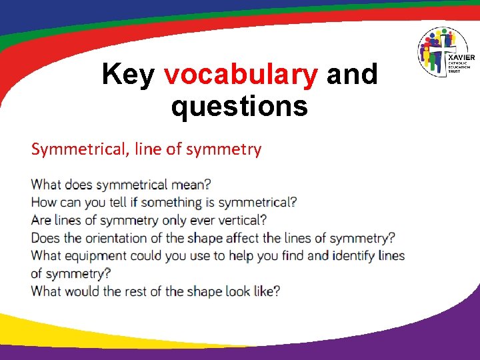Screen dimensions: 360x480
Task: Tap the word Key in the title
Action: pyautogui.click(x=129, y=75)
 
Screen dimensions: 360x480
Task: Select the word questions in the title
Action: pyautogui.click(x=239, y=106)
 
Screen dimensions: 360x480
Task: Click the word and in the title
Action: pyautogui.click(x=351, y=75)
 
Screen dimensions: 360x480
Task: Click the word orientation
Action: pyautogui.click(x=120, y=238)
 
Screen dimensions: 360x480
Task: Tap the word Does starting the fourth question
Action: pyautogui.click(x=45, y=238)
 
